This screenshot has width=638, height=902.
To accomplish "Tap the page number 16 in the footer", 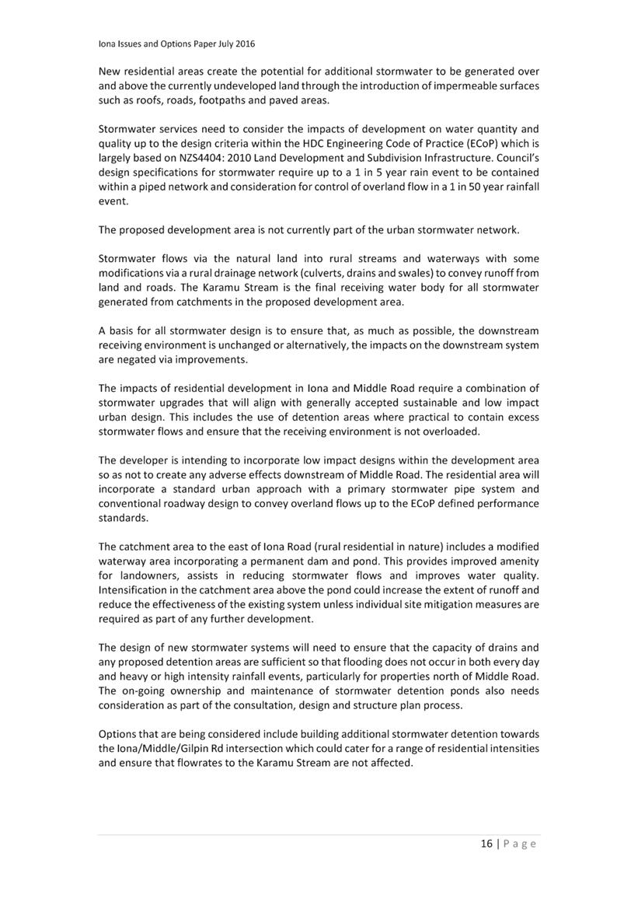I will tap(486, 844).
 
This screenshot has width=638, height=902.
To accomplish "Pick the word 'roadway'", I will tap(187, 503).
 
